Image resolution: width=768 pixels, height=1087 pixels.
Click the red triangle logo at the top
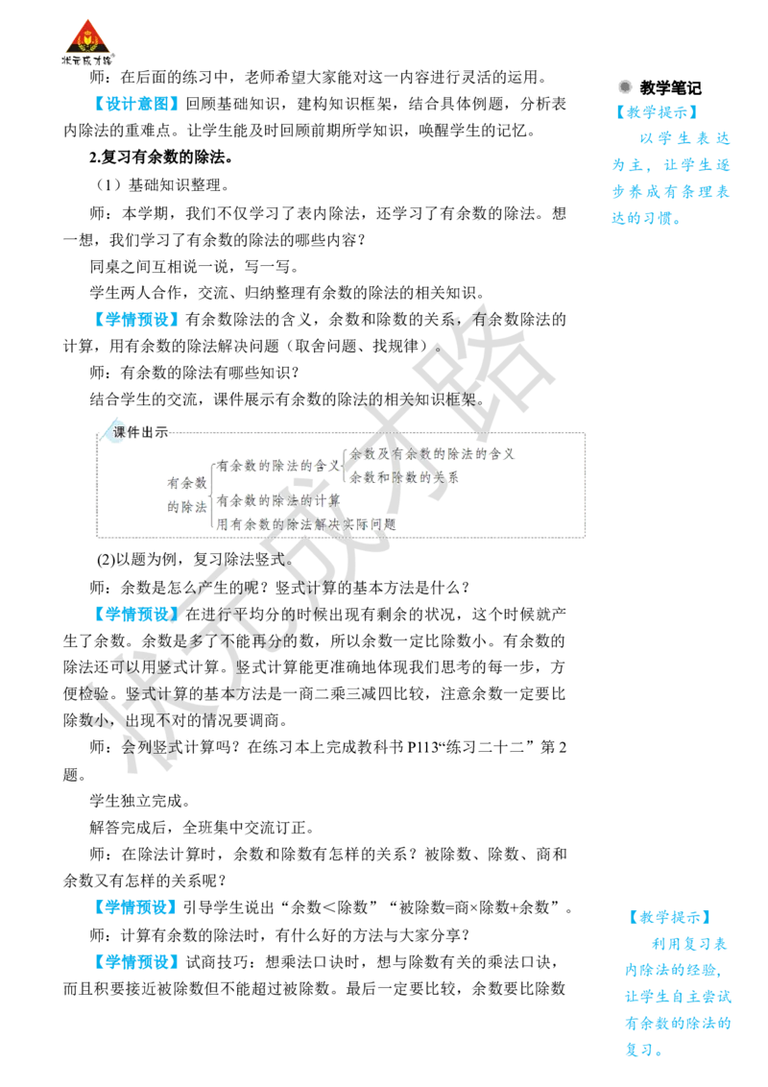pos(87,36)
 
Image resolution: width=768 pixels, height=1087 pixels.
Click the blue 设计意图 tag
pos(136,104)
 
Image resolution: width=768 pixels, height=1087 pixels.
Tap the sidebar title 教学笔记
pos(670,88)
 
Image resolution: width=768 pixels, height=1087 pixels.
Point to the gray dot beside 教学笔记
pos(625,86)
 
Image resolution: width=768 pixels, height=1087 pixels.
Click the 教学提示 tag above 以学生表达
pos(657,112)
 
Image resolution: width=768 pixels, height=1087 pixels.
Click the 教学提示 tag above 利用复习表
pos(669,917)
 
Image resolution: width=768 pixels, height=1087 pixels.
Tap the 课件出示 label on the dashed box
pos(141,432)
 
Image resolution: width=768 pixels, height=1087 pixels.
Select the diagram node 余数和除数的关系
pos(404,477)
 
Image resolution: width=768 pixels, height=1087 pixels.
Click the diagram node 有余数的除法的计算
pos(278,500)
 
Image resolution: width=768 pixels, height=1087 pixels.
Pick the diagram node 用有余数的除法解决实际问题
pos(306,524)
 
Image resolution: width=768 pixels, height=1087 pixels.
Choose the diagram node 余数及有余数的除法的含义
pos(433,454)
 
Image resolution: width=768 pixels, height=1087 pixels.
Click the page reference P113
pos(422,747)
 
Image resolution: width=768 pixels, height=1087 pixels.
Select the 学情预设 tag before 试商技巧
pos(136,962)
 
